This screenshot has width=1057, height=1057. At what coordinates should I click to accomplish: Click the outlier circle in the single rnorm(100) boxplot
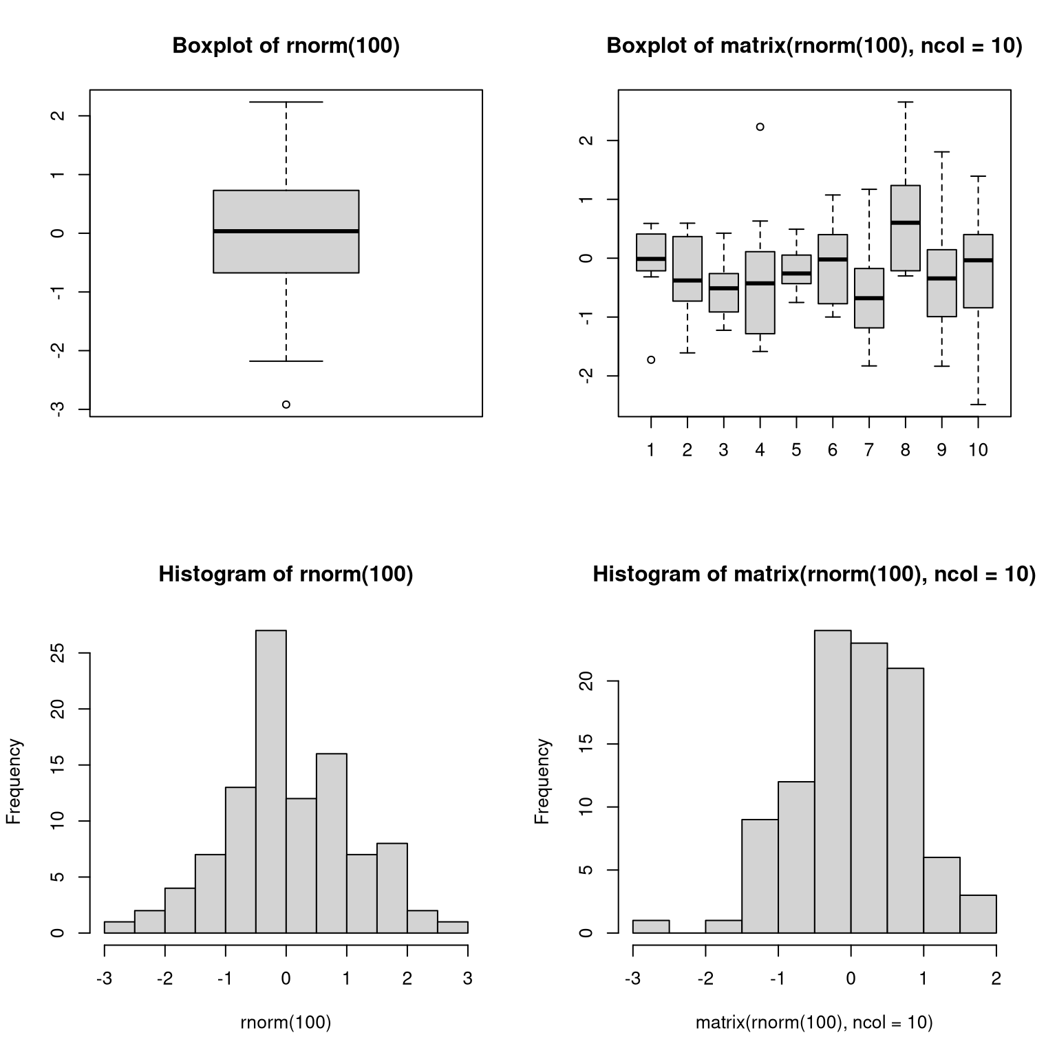(x=286, y=405)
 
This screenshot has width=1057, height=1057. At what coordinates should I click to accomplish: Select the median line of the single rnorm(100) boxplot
(x=286, y=231)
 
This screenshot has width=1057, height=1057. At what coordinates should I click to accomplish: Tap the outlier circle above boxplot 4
(x=760, y=127)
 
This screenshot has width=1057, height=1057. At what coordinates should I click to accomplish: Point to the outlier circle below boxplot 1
(x=651, y=360)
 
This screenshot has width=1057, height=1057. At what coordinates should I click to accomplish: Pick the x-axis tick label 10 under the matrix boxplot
(x=978, y=451)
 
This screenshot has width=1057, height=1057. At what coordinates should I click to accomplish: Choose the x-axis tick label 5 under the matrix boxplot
(x=796, y=451)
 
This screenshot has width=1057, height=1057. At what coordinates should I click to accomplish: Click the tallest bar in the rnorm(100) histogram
(x=271, y=781)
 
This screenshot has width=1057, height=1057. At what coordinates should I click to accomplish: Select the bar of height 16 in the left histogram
(x=332, y=843)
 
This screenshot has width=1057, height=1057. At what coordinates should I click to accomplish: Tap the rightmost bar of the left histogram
(x=453, y=927)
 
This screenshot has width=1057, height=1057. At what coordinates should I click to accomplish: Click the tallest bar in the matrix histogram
(x=833, y=781)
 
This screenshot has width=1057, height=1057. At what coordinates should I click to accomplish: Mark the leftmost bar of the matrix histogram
(x=651, y=926)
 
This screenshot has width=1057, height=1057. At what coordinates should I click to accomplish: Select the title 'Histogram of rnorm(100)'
(x=286, y=574)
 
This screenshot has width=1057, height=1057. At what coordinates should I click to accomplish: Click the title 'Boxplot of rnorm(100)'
(x=286, y=45)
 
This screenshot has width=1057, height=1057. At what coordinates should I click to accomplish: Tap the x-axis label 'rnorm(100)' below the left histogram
(x=286, y=1023)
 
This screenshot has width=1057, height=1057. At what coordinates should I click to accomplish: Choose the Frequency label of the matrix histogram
(x=543, y=781)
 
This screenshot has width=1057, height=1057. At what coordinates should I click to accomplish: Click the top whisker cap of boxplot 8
(x=906, y=102)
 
